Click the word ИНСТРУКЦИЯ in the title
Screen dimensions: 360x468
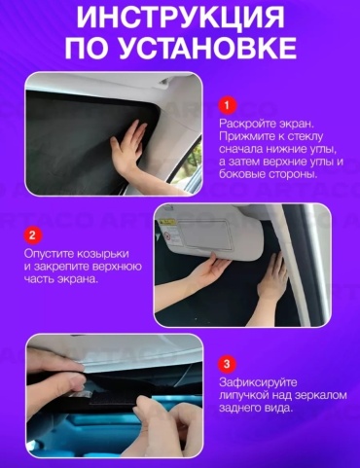pos(180,18)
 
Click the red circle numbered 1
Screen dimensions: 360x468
pos(227,106)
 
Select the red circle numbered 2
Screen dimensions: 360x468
pos(32,234)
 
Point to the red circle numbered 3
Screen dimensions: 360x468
pos(227,364)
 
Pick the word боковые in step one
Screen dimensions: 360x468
pos(240,174)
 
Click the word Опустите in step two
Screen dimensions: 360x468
pos(49,254)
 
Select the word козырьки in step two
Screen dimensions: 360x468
pos(102,254)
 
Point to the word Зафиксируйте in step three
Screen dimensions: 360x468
pos(258,382)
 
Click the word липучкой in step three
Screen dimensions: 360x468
pos(244,395)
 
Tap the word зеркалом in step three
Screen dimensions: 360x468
pos(321,395)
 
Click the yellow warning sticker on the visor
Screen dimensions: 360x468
pos(166,223)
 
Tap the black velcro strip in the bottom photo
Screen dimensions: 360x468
pos(111,398)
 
